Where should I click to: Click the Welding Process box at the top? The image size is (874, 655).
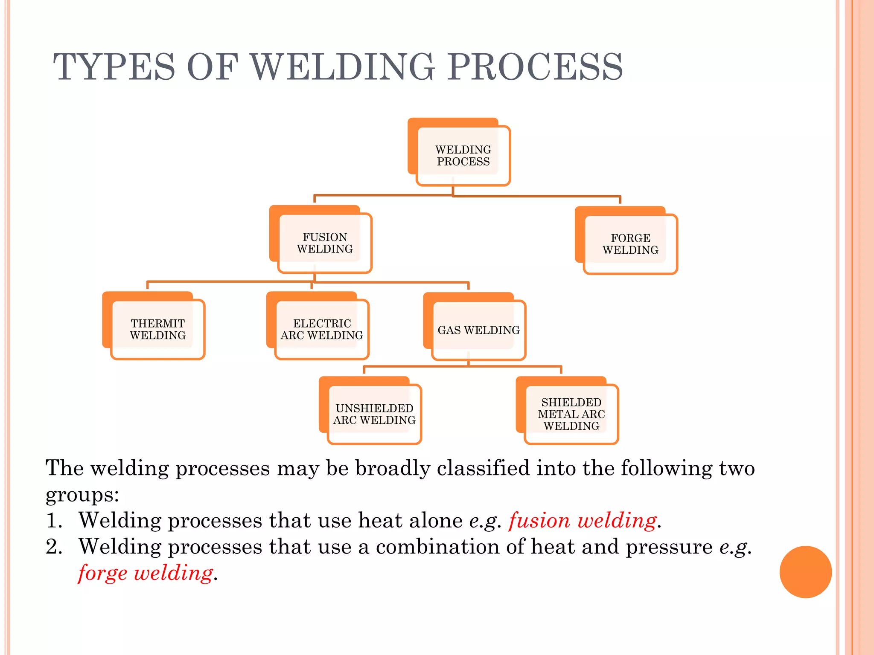click(463, 156)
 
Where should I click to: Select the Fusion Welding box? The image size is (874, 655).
click(325, 243)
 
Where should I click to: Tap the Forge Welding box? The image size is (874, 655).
click(630, 244)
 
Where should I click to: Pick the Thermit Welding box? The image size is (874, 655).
click(157, 329)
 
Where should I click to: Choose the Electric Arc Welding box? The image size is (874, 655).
click(322, 329)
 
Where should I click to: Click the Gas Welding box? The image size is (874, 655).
click(478, 330)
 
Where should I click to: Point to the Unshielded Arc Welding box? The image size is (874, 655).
click(374, 414)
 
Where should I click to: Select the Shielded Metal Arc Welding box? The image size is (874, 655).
click(571, 414)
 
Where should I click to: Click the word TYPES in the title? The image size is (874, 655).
click(114, 67)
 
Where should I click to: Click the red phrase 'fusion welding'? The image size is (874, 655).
click(583, 521)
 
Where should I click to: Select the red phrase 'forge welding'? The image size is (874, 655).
click(146, 573)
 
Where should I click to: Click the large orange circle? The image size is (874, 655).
click(805, 572)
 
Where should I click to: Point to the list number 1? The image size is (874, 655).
click(54, 521)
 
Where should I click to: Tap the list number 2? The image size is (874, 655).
click(54, 547)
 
